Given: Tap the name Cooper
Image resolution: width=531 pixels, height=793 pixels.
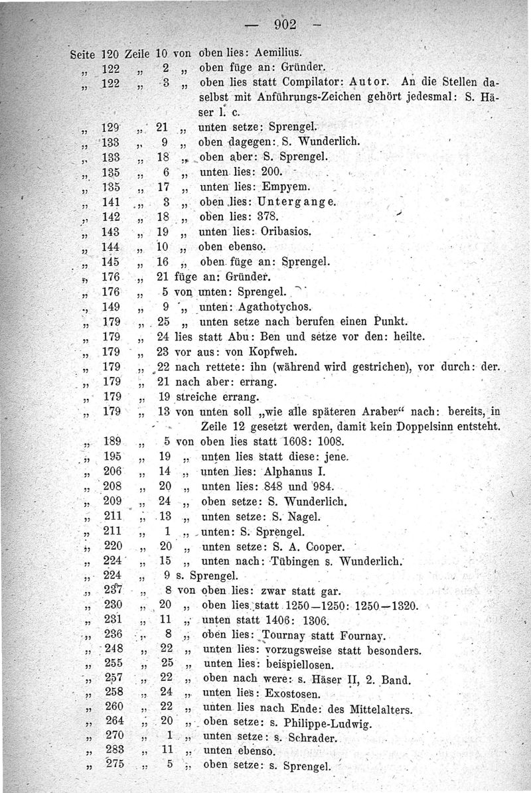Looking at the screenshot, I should pyautogui.click(x=321, y=547).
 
